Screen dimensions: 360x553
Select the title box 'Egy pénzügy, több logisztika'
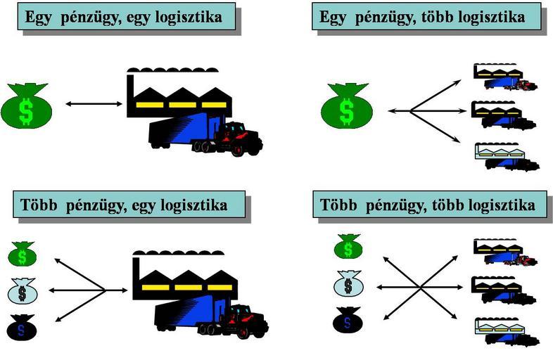tap(426, 16)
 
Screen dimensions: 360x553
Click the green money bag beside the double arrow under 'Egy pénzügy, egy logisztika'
tap(25, 105)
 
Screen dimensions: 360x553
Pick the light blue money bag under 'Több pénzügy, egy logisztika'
tap(23, 289)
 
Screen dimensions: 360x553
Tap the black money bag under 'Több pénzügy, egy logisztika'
tap(23, 325)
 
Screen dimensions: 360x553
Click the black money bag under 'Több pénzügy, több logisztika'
tap(346, 321)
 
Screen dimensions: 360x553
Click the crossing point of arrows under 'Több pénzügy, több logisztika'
tap(421, 287)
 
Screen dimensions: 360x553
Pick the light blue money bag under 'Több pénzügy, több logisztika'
tap(346, 285)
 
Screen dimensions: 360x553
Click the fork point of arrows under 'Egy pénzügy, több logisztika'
tap(409, 110)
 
